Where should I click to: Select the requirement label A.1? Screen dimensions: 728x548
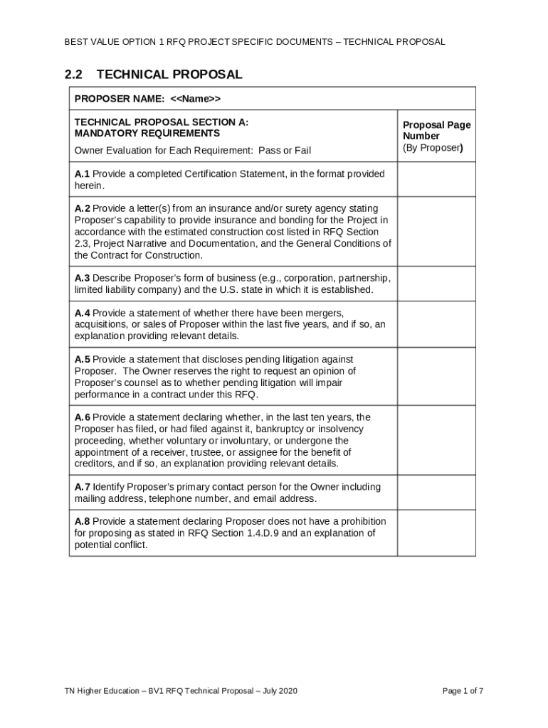[x=82, y=174]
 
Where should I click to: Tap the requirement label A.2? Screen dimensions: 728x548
[x=82, y=209]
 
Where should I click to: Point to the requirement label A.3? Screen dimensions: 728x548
[x=82, y=278]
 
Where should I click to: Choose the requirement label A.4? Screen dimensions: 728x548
[x=82, y=313]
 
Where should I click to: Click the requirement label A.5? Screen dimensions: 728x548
[x=82, y=360]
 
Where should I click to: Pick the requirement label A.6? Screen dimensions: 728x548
[x=82, y=417]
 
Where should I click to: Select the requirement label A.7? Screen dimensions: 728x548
[x=82, y=487]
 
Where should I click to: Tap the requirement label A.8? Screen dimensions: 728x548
[x=82, y=521]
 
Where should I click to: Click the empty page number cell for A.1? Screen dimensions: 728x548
[x=436, y=179]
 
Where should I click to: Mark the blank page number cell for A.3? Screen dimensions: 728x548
[x=436, y=284]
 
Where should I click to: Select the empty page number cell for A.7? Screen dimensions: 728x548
[x=436, y=493]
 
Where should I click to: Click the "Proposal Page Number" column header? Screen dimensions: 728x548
[x=436, y=130]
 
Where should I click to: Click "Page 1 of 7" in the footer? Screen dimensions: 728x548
[x=463, y=691]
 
